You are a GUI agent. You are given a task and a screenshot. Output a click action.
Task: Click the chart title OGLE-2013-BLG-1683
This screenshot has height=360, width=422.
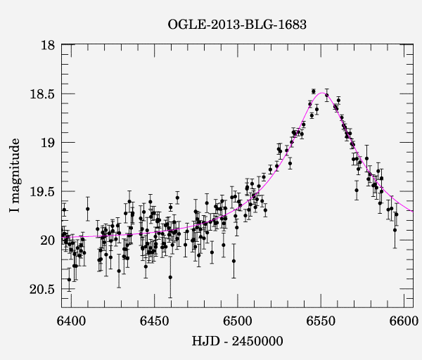click(237, 25)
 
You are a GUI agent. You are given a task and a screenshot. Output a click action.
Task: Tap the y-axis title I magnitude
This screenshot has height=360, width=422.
click(15, 176)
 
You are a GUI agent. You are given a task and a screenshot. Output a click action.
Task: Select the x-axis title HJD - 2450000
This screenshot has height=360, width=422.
click(236, 342)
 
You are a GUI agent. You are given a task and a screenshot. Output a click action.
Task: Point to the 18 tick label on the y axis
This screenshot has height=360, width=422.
click(48, 45)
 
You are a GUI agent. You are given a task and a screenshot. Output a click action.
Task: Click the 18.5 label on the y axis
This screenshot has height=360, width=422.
click(42, 94)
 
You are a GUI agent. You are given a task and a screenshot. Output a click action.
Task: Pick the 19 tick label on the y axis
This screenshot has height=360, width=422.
click(48, 143)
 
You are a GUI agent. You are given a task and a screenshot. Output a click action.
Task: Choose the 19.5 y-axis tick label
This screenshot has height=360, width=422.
click(42, 191)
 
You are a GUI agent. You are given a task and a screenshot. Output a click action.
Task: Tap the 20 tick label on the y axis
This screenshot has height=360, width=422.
click(48, 240)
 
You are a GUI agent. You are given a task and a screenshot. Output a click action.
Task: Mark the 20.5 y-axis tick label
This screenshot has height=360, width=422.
click(42, 289)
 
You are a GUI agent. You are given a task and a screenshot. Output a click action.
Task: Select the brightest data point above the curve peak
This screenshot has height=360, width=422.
click(314, 91)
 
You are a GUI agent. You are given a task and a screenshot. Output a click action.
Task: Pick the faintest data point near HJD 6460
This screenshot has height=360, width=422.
click(170, 277)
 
